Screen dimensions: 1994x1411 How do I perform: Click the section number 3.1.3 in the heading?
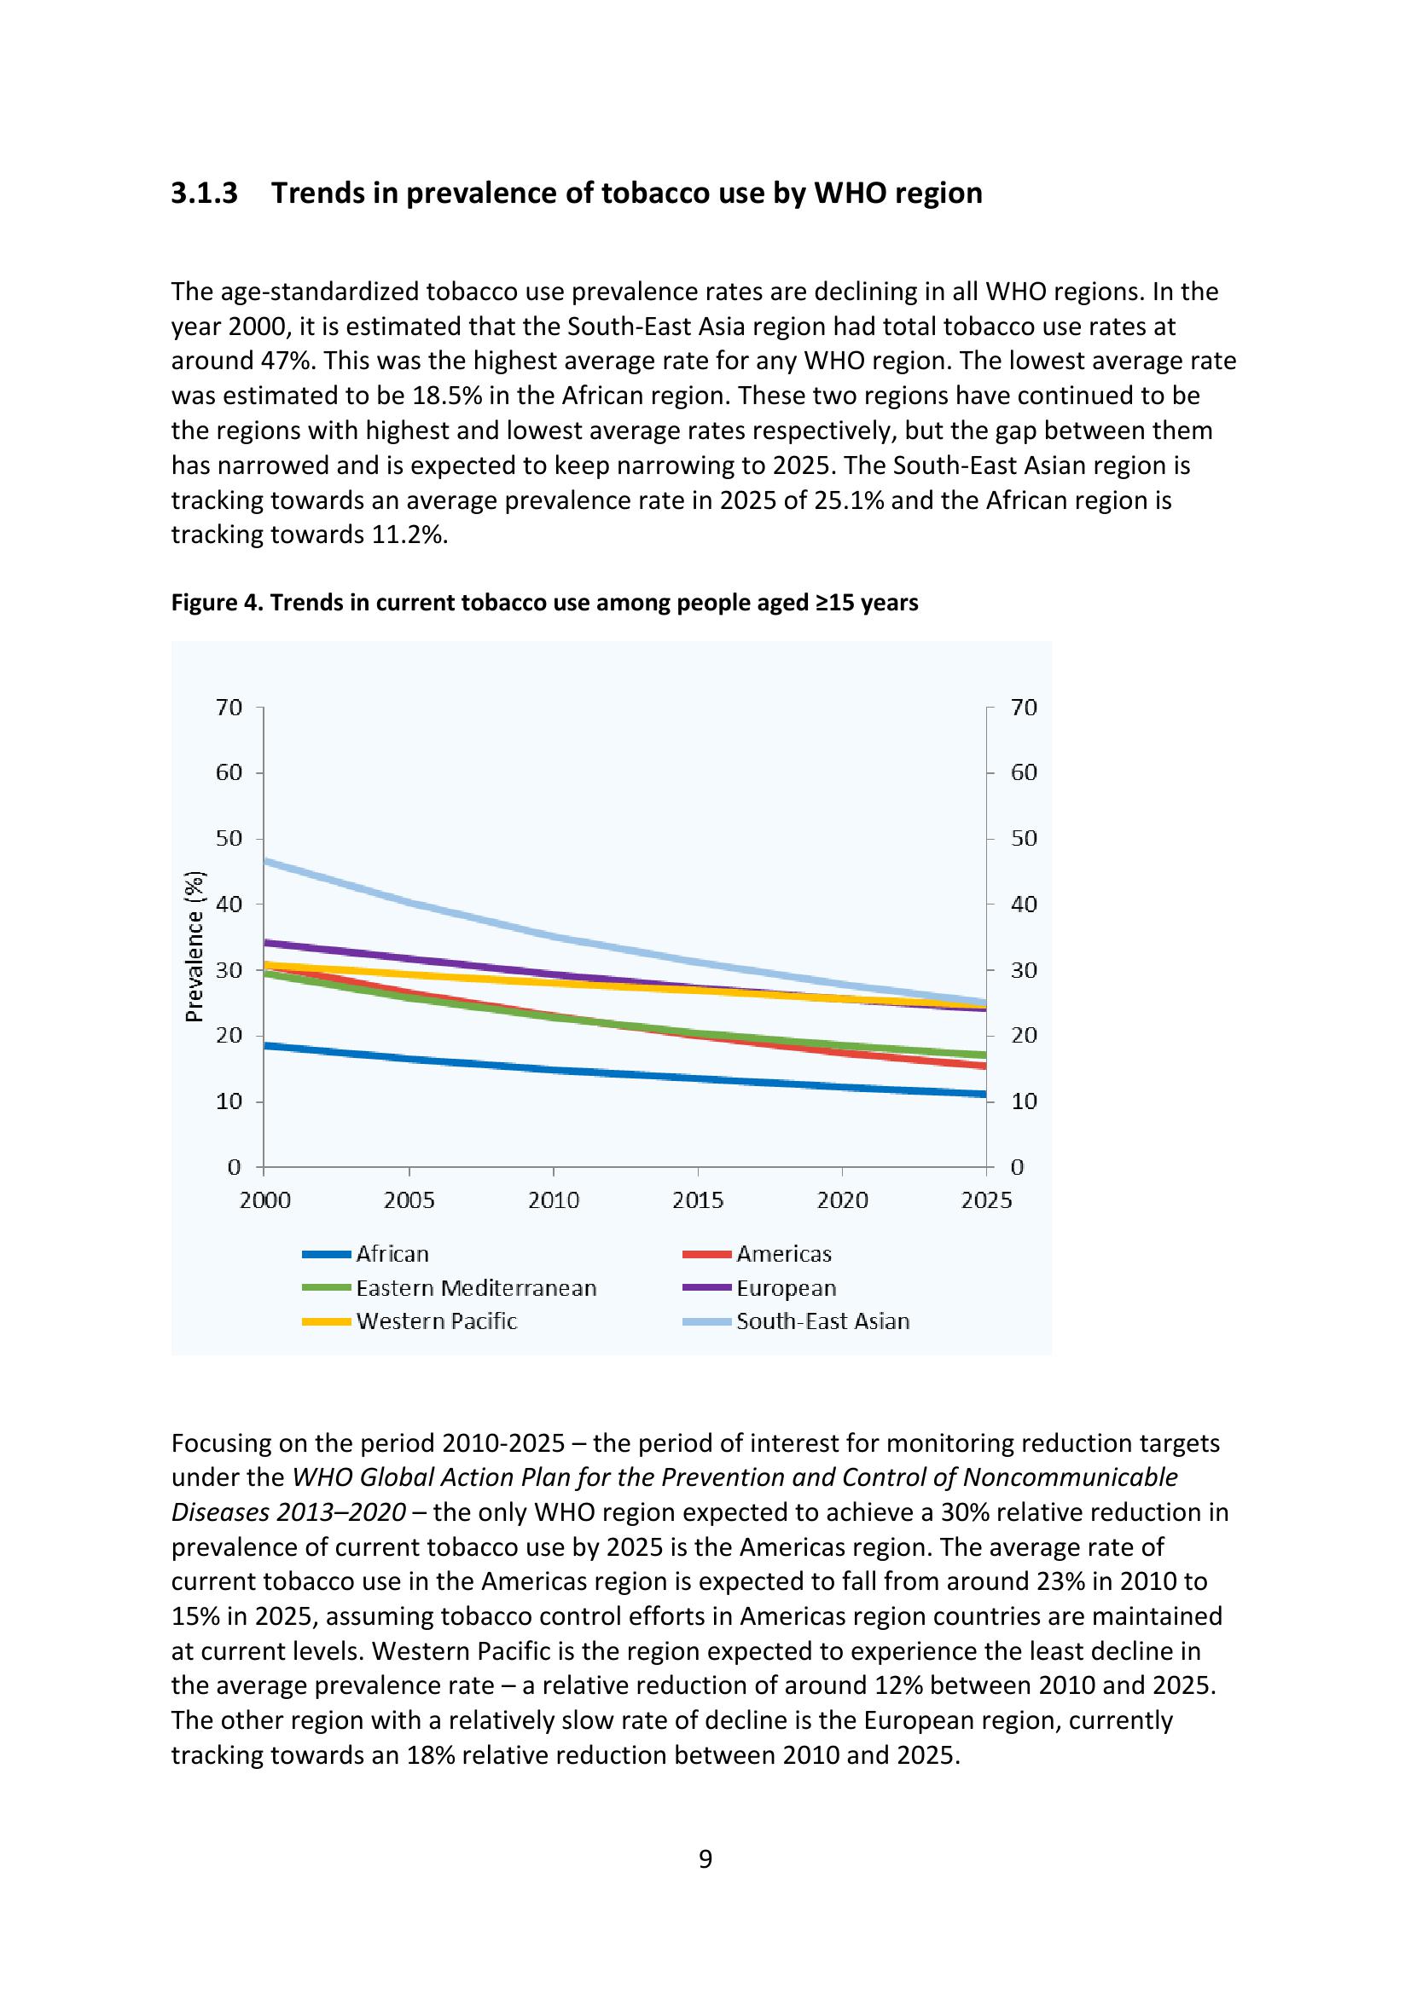click(204, 193)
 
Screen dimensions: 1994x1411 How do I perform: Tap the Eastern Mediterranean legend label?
click(475, 1288)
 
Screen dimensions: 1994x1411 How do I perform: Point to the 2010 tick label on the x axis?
click(554, 1200)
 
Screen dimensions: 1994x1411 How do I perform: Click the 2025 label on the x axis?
click(986, 1200)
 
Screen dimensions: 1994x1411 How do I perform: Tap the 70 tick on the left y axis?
click(229, 708)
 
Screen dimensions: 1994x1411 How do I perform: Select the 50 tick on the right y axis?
click(1024, 839)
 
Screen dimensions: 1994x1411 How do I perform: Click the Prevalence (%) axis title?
click(195, 945)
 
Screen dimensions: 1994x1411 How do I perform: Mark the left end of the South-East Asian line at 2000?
click(265, 861)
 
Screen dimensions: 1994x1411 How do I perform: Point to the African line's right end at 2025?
click(984, 1095)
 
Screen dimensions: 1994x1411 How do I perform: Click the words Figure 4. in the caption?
click(218, 603)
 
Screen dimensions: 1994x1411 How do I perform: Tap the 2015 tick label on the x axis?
click(698, 1200)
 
